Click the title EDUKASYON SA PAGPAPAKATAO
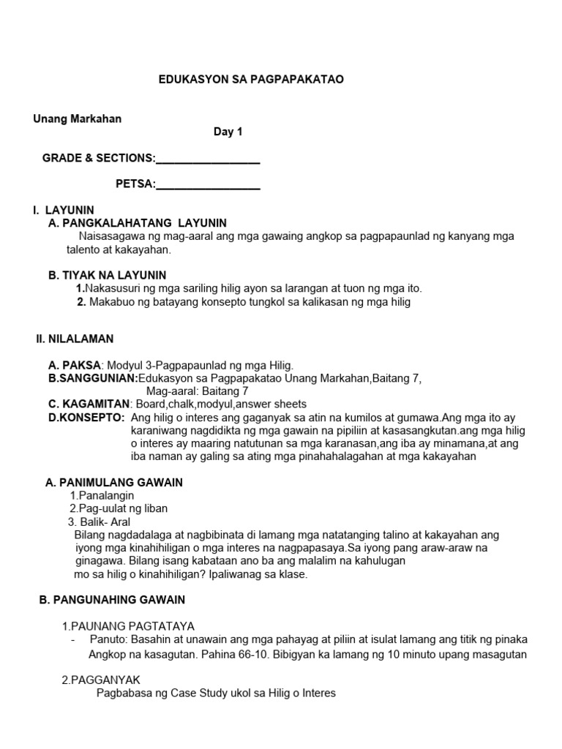(x=251, y=80)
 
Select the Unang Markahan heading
(x=77, y=119)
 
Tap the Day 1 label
(x=228, y=132)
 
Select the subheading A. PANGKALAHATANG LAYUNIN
(x=138, y=223)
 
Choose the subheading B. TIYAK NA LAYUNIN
(x=107, y=276)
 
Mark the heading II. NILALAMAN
(x=75, y=339)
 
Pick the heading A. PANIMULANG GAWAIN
(x=114, y=483)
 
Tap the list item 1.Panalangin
(x=102, y=495)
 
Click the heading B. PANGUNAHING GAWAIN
(x=112, y=600)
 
